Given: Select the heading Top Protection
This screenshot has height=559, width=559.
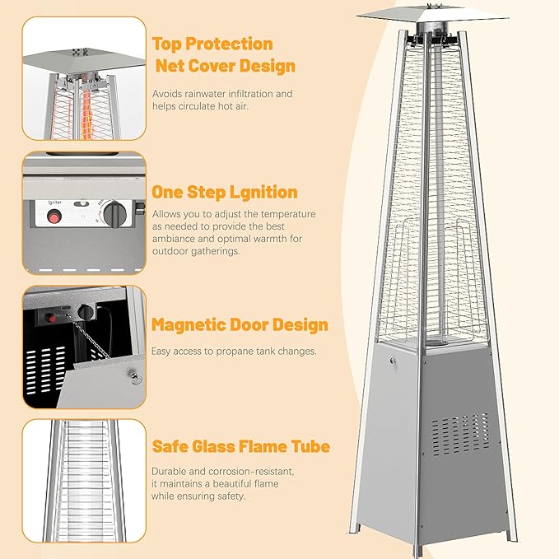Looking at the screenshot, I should tap(212, 44).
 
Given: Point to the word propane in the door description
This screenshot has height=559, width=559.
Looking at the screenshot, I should tap(233, 352).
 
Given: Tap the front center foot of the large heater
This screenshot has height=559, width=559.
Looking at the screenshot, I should tap(422, 547).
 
